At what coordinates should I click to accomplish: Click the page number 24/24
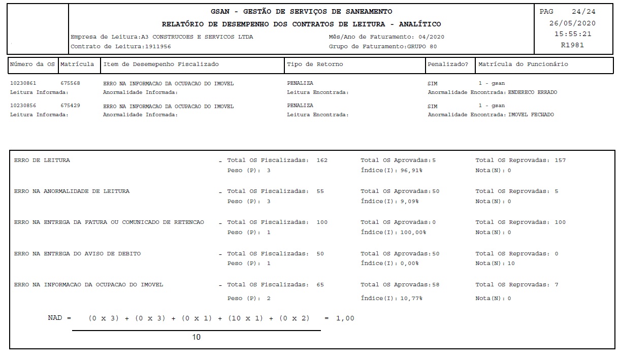point(583,12)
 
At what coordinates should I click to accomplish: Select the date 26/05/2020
point(572,23)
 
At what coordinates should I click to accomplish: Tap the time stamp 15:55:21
point(572,34)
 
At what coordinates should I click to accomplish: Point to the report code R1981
point(572,45)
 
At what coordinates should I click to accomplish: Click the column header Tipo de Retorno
point(315,64)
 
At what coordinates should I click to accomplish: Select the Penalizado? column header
point(448,64)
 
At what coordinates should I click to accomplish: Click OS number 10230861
point(23,83)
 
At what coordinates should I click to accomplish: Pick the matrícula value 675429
point(70,106)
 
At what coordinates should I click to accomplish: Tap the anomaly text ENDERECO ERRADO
point(532,92)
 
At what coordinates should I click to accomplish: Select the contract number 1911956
point(158,46)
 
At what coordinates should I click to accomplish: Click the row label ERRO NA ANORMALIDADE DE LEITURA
point(72,191)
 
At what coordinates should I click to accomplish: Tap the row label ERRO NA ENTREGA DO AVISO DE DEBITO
point(77,253)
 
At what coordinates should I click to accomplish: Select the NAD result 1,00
point(345,318)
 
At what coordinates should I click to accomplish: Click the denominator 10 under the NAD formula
point(196,337)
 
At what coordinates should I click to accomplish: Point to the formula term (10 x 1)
point(245,318)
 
